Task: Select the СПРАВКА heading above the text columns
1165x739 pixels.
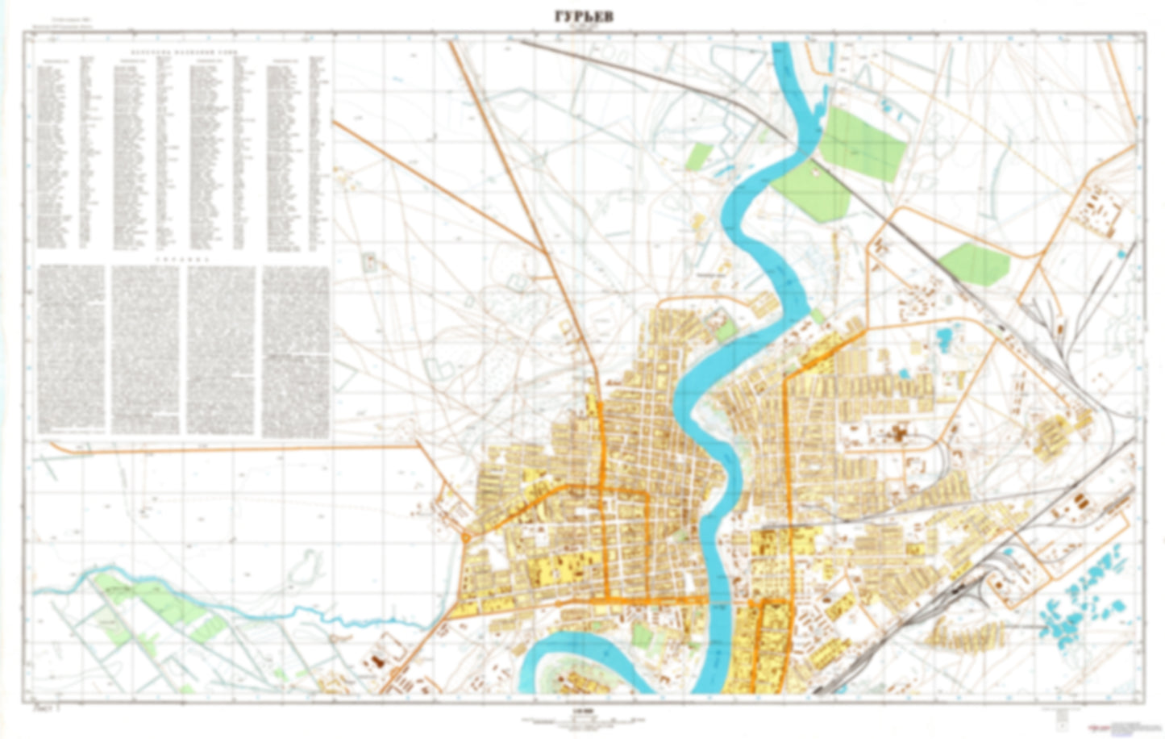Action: pyautogui.click(x=183, y=261)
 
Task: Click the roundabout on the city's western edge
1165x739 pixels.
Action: pyautogui.click(x=468, y=537)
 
